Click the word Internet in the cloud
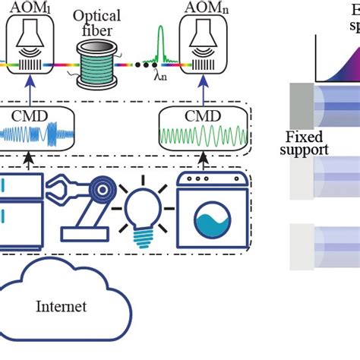coord(61,307)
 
